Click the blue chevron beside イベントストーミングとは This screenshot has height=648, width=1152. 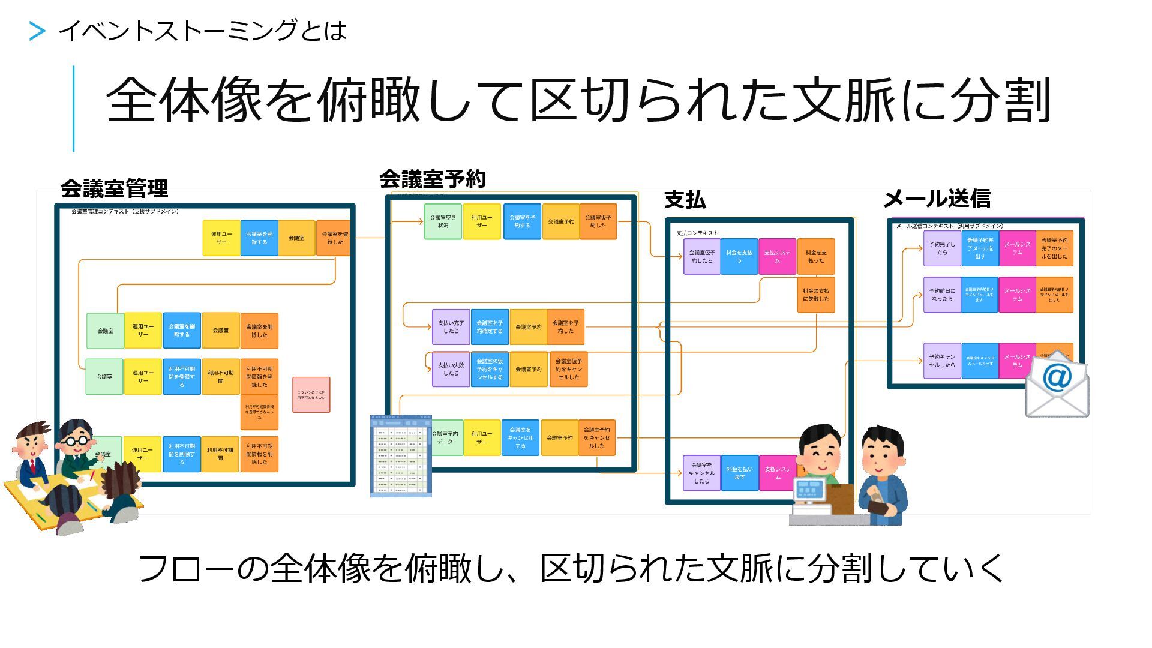coord(37,31)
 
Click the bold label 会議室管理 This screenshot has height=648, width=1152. coord(114,189)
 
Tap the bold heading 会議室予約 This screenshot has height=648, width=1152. coord(432,179)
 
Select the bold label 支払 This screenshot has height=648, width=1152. coord(685,200)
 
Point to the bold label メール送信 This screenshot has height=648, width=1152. coord(937,199)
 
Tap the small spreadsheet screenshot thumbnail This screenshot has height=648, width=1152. coord(401,456)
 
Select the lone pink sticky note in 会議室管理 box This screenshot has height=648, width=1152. coord(311,394)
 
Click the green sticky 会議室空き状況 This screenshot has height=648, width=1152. coord(443,221)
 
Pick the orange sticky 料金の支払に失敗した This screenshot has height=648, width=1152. coord(815,295)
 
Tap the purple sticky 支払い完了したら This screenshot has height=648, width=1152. coord(451,327)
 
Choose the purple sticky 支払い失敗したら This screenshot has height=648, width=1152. coord(451,369)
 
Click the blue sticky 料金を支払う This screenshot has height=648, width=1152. coord(739,257)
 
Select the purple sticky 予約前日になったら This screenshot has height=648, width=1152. coord(942,295)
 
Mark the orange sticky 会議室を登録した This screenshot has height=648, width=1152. coord(334,238)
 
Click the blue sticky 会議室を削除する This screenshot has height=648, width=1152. coord(181,331)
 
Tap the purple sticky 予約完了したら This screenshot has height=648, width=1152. coord(942,248)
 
